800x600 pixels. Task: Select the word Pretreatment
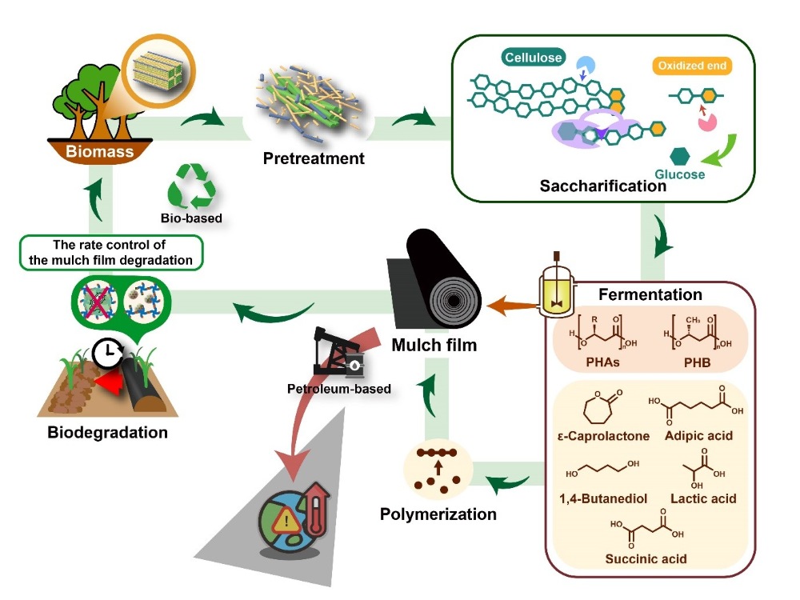point(314,158)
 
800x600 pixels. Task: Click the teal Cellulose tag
point(534,58)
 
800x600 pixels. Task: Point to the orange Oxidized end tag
point(692,66)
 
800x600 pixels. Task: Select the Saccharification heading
point(602,186)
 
